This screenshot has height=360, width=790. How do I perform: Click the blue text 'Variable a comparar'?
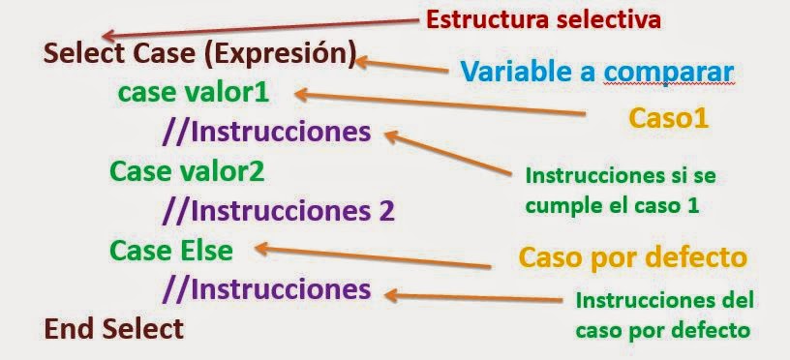594,71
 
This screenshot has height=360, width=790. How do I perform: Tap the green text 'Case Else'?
171,251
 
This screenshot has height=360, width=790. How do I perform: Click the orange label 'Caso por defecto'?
632,258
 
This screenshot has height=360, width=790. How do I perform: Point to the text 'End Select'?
113,328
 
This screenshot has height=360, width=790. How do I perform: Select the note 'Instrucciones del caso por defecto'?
664,315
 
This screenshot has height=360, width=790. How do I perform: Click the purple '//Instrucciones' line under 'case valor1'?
266,131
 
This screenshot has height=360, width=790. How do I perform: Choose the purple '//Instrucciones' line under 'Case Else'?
266,288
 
